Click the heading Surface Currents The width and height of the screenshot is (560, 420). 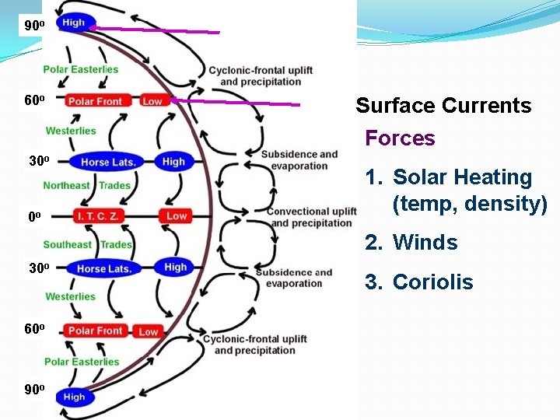click(443, 106)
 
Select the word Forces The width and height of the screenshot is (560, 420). click(400, 138)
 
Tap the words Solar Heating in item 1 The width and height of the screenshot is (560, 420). click(462, 177)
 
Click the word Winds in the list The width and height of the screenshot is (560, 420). click(425, 243)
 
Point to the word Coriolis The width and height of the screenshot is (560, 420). click(432, 282)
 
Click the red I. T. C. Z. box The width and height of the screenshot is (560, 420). click(97, 215)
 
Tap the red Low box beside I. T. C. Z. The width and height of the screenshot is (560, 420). click(177, 215)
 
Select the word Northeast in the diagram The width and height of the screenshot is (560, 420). click(67, 185)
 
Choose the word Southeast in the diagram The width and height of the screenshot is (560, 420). click(67, 244)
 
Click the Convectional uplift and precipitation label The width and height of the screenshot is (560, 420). click(311, 217)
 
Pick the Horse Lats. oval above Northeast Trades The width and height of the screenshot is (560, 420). click(108, 162)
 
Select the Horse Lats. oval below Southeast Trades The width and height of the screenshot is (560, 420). click(103, 269)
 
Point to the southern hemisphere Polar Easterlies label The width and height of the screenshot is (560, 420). click(82, 362)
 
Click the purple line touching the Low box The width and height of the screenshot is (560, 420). click(233, 102)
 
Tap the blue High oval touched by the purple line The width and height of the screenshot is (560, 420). click(75, 23)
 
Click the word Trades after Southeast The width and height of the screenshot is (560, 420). click(116, 244)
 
